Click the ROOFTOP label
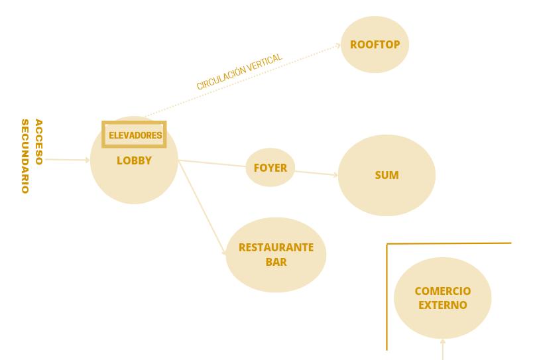click(x=375, y=45)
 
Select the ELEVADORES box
click(x=134, y=135)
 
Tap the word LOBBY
click(x=134, y=160)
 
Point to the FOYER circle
click(x=270, y=167)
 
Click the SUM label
click(x=386, y=176)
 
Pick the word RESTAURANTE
click(x=276, y=248)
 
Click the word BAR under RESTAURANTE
click(x=276, y=262)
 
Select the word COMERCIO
click(x=442, y=291)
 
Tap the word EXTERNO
click(x=442, y=305)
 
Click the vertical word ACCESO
click(x=38, y=142)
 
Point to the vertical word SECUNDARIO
click(x=25, y=156)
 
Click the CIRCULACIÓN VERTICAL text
click(x=239, y=72)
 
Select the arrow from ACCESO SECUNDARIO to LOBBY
click(x=66, y=160)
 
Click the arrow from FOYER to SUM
click(x=316, y=174)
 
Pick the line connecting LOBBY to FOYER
click(x=212, y=162)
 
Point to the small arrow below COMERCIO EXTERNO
click(x=442, y=348)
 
